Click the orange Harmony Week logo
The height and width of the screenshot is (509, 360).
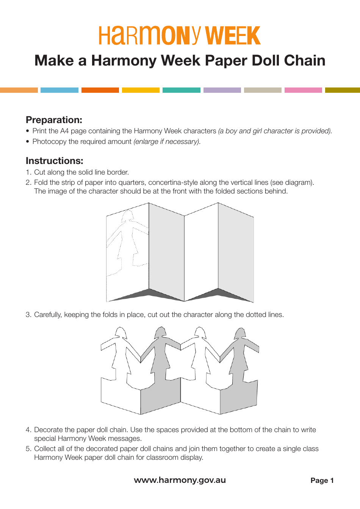pyautogui.click(x=180, y=36)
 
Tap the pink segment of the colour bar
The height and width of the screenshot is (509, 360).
pyautogui.click(x=303, y=90)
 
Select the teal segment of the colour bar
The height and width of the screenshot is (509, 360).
pyautogui.click(x=181, y=90)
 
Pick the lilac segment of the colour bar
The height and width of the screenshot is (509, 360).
pyautogui.click(x=222, y=90)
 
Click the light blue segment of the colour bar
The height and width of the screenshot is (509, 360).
pyautogui.click(x=59, y=90)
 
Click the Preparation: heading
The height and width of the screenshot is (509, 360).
pyautogui.click(x=54, y=120)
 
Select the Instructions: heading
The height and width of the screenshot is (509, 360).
pyautogui.click(x=54, y=161)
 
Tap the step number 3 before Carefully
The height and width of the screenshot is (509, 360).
pyautogui.click(x=28, y=315)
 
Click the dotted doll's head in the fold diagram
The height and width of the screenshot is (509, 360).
pyautogui.click(x=127, y=216)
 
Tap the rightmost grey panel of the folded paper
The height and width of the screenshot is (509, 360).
pyautogui.click(x=236, y=254)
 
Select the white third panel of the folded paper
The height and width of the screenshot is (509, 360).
pyautogui.click(x=201, y=254)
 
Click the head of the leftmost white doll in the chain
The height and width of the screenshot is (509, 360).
pyautogui.click(x=121, y=333)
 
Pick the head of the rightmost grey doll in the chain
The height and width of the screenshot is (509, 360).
pyautogui.click(x=240, y=333)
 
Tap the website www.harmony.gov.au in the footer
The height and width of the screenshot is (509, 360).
pyautogui.click(x=180, y=480)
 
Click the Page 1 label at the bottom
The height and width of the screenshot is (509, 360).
pyautogui.click(x=322, y=481)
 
